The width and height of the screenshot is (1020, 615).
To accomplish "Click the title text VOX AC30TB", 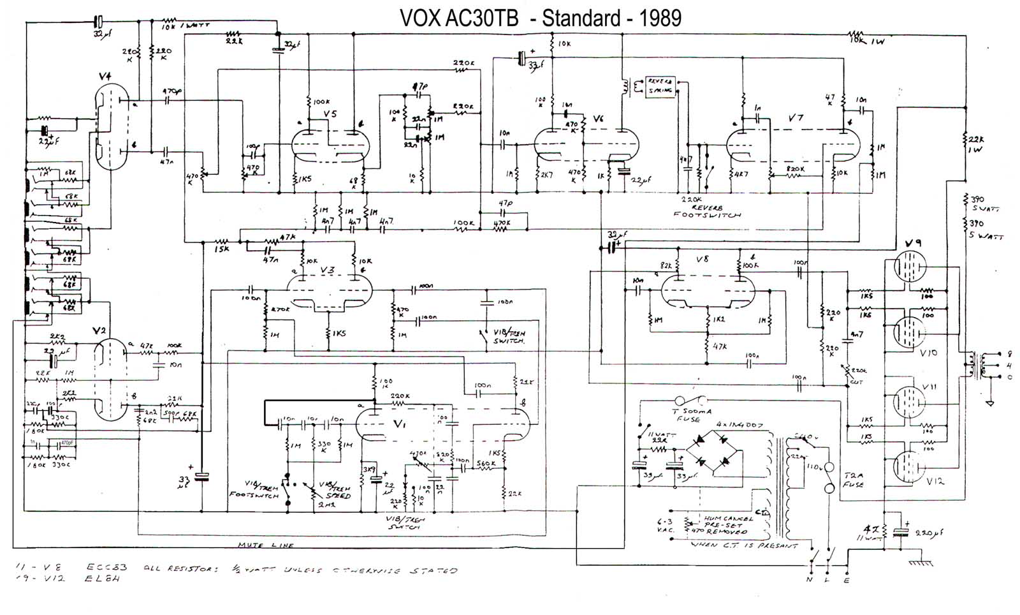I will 458,18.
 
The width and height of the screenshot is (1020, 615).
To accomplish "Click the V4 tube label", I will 106,77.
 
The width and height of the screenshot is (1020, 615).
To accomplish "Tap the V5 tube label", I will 330,114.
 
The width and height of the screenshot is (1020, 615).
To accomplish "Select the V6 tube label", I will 598,119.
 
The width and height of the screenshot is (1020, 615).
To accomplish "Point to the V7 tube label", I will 796,118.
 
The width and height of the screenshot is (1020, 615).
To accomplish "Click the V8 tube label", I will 702,260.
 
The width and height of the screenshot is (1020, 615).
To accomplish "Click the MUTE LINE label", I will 266,545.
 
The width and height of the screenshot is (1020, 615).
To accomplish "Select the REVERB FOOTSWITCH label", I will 707,211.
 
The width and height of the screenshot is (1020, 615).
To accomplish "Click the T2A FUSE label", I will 853,480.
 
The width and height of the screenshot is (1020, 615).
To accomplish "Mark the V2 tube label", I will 99,330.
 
